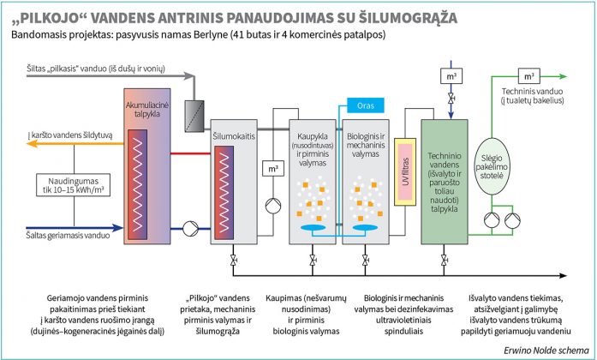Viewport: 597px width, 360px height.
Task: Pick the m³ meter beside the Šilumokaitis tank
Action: [273, 169]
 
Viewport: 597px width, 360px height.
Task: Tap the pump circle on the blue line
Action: [188, 229]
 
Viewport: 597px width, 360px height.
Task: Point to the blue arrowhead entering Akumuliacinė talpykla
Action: [118, 229]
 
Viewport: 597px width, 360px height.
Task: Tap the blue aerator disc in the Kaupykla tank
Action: [313, 226]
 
